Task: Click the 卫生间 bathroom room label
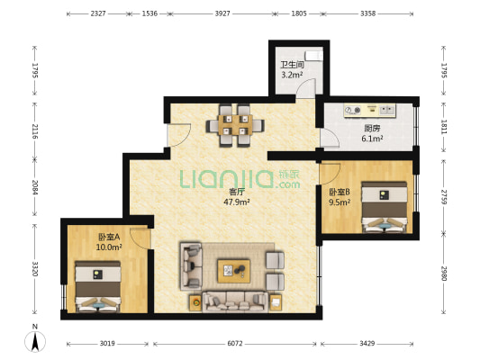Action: click(293, 65)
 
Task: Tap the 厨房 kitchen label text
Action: click(372, 128)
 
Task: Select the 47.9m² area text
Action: click(237, 202)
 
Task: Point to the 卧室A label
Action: click(109, 237)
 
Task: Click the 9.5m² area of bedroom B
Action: click(340, 202)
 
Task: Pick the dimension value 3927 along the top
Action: click(222, 13)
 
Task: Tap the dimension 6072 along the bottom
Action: click(235, 344)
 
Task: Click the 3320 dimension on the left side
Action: click(35, 269)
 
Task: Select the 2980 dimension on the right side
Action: click(444, 273)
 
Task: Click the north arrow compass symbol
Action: click(35, 341)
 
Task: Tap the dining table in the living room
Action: click(235, 125)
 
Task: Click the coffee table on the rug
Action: click(233, 271)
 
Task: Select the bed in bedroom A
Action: click(98, 286)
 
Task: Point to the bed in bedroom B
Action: click(385, 207)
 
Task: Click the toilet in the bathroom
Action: click(314, 56)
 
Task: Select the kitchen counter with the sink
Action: click(369, 110)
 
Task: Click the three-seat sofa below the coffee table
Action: click(235, 301)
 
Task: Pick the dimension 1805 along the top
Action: click(299, 13)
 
